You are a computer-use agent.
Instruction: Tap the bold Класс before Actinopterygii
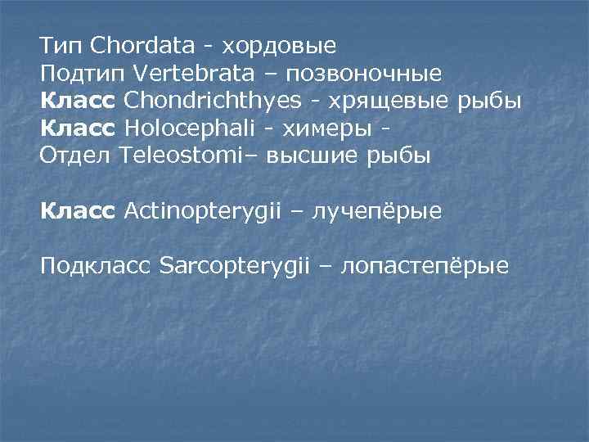coord(79,211)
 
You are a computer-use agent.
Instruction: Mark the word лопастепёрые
coord(425,267)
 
